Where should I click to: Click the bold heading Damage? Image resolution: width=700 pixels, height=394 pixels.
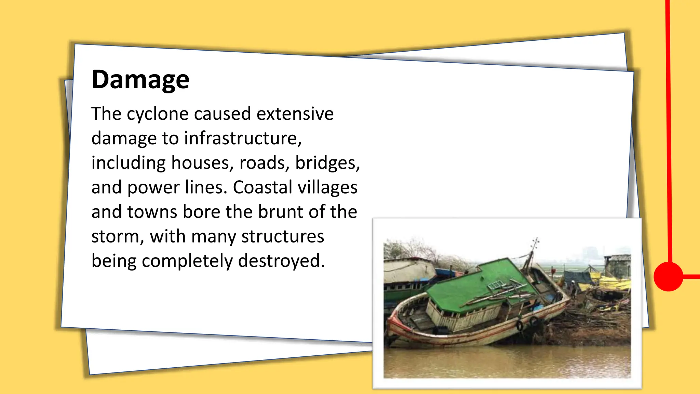(140, 79)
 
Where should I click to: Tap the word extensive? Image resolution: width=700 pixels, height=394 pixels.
(295, 114)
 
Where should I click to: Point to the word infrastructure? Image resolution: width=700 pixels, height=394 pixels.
(243, 138)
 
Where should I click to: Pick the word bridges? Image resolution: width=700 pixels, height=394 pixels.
(327, 163)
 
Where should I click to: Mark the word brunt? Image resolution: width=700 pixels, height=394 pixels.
(281, 212)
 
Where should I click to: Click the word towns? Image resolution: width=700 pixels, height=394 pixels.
(152, 212)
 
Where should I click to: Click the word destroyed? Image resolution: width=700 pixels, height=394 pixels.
(281, 261)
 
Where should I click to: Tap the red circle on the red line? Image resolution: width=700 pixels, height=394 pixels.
(668, 276)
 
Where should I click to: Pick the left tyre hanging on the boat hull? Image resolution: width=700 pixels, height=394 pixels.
(520, 325)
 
